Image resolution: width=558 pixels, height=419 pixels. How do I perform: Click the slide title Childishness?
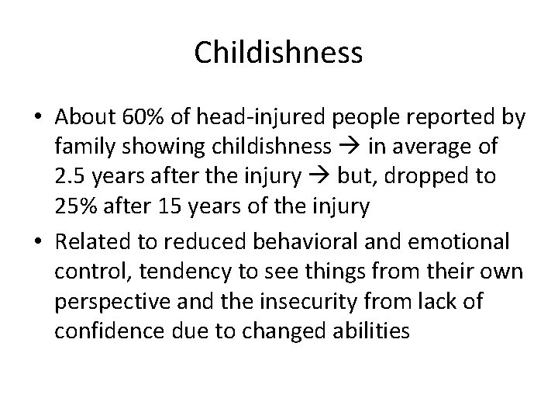coord(278,53)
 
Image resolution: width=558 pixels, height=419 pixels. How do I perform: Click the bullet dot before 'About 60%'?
coord(36,119)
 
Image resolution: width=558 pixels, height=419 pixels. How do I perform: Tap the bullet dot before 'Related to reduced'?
coord(36,241)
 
